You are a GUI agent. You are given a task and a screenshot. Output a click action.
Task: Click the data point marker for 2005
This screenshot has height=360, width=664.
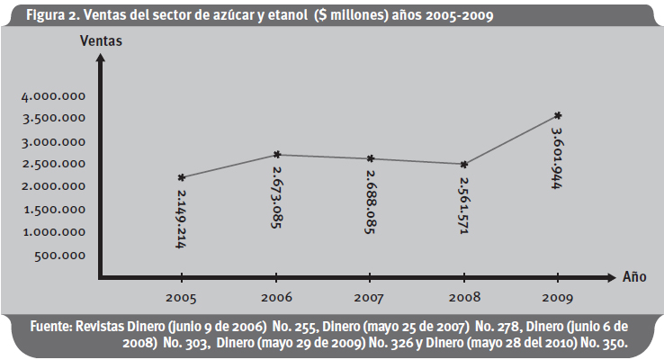coord(182,177)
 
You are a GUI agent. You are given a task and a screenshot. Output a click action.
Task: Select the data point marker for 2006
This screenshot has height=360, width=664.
coord(276,155)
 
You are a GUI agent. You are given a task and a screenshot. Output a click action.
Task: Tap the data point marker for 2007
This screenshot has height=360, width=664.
coord(370,158)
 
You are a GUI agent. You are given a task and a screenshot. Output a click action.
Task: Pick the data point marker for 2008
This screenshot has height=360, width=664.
coord(464,165)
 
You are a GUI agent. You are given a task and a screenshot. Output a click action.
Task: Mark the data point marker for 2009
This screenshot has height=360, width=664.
coord(559,115)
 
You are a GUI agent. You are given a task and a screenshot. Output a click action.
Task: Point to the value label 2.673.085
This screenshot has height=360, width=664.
coord(275,196)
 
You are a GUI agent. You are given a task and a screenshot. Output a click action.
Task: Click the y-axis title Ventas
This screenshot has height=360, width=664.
coord(101,40)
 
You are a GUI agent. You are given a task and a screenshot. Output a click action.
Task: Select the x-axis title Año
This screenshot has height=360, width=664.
coord(635,276)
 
